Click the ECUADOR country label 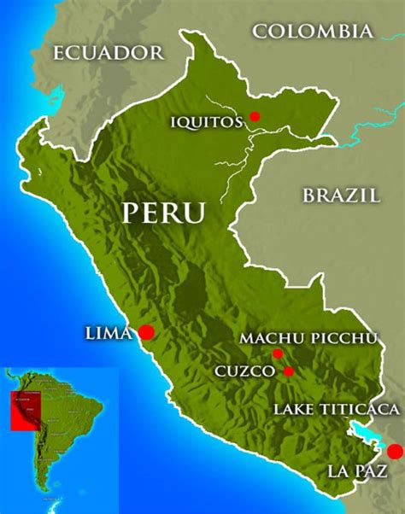108,53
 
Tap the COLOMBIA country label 314,32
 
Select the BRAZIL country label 341,195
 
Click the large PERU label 164,213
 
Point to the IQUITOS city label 206,121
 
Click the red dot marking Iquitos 255,117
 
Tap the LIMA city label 109,331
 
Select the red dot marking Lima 146,331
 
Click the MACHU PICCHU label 308,339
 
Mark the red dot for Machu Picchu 278,353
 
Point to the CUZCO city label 244,371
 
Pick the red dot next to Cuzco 289,371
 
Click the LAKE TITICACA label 336,410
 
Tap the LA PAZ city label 357,470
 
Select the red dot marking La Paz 394,451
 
